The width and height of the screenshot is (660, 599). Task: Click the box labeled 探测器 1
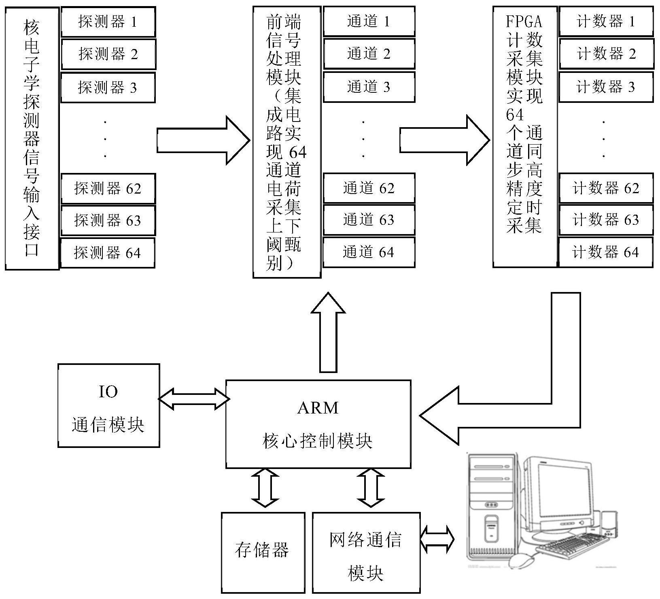point(108,21)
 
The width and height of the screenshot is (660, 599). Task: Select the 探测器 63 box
point(108,220)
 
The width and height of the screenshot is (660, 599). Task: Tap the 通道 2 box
point(369,53)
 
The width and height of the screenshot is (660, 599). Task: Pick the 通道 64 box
point(369,252)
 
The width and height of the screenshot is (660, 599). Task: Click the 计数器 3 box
point(606,87)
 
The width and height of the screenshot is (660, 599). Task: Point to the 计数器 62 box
point(606,188)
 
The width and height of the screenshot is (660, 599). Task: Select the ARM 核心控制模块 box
point(318,424)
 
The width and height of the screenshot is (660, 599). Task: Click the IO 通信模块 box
point(108,405)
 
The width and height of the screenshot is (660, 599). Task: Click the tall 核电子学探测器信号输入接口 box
point(32,138)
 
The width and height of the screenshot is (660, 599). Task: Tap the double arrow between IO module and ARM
point(193,399)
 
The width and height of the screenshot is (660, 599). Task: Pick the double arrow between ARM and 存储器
point(265,488)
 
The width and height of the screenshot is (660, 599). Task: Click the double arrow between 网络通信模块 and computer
point(437,540)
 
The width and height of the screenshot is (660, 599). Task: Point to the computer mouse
point(522,561)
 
